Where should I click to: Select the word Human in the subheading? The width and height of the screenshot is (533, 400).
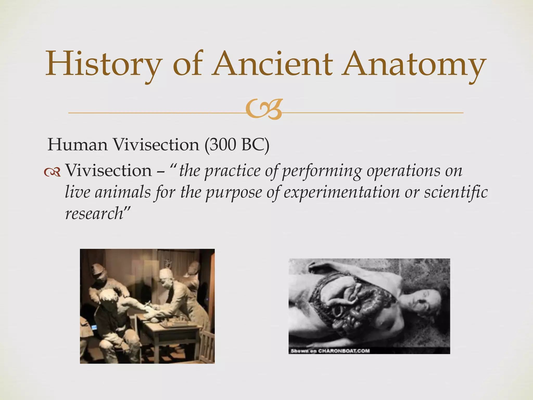pos(78,145)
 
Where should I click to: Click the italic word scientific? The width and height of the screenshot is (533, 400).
pos(456,192)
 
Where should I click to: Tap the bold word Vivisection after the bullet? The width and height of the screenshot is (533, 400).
pos(108,171)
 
